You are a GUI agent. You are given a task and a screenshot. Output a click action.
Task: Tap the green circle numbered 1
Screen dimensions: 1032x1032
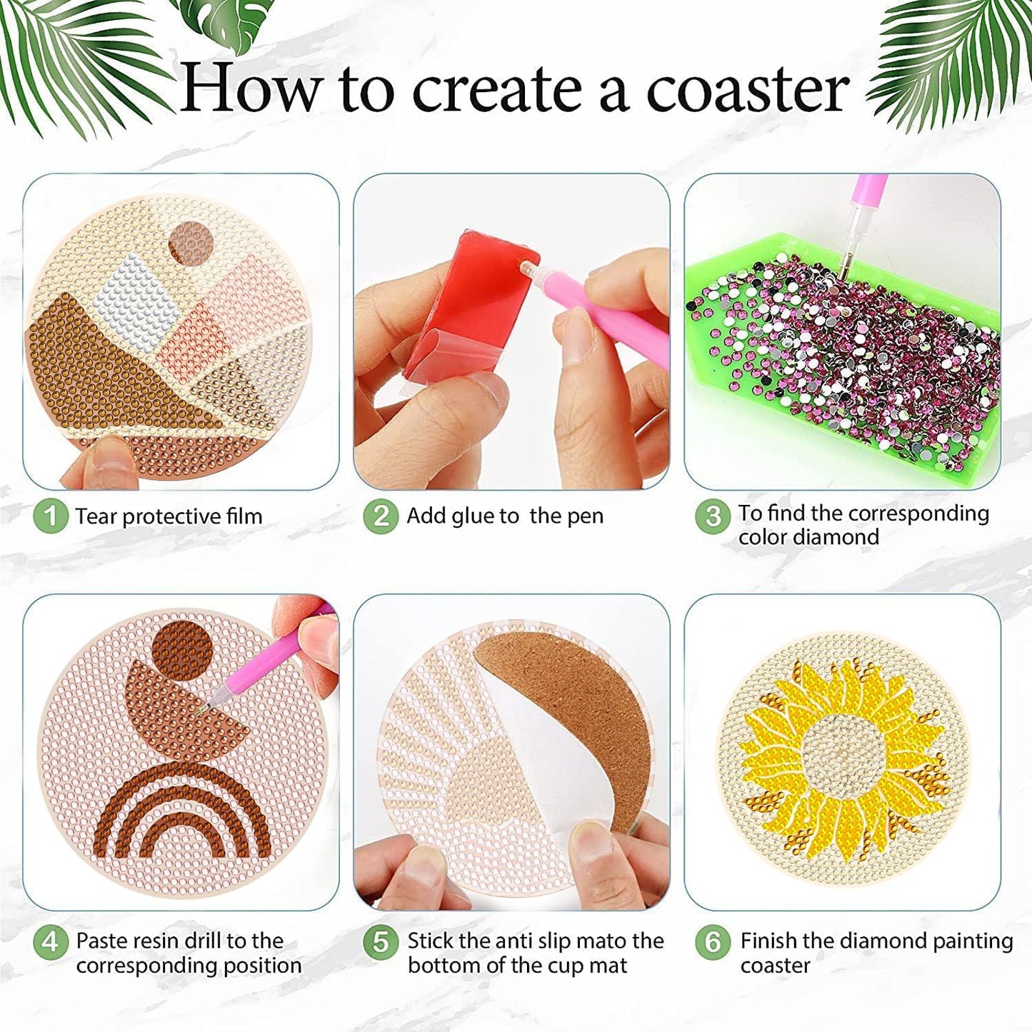click(51, 516)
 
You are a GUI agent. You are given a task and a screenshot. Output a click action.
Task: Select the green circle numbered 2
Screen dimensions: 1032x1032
click(381, 516)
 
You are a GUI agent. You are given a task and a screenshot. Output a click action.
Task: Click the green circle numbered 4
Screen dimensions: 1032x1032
click(51, 942)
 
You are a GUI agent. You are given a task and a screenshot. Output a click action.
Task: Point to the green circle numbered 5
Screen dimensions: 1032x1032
click(381, 942)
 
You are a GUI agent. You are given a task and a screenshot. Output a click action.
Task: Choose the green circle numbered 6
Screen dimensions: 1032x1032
click(712, 942)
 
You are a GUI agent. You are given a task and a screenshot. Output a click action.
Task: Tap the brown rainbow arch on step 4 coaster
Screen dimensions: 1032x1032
click(182, 814)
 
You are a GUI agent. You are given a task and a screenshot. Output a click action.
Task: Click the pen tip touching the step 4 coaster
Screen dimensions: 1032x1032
click(201, 708)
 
